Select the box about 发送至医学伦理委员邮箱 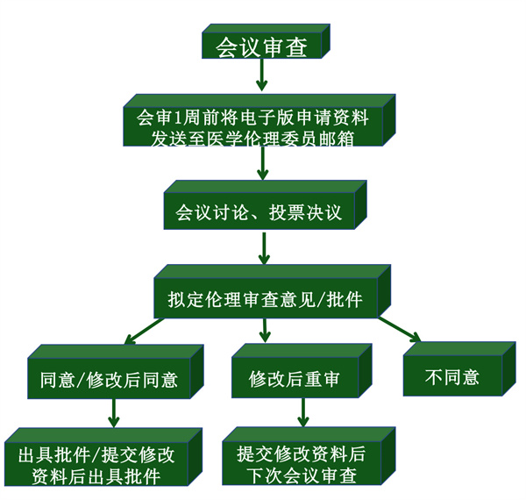pyautogui.click(x=253, y=127)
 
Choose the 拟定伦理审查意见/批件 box pyautogui.click(x=265, y=299)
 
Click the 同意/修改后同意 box pyautogui.click(x=110, y=379)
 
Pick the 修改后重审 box pyautogui.click(x=295, y=379)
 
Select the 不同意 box pyautogui.click(x=452, y=377)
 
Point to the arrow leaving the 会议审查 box pyautogui.click(x=260, y=77)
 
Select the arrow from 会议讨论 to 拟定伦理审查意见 pyautogui.click(x=263, y=252)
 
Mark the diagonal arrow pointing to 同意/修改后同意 pyautogui.click(x=140, y=332)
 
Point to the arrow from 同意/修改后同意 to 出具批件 pyautogui.click(x=113, y=412)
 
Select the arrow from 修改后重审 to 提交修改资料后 pyautogui.click(x=302, y=412)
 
